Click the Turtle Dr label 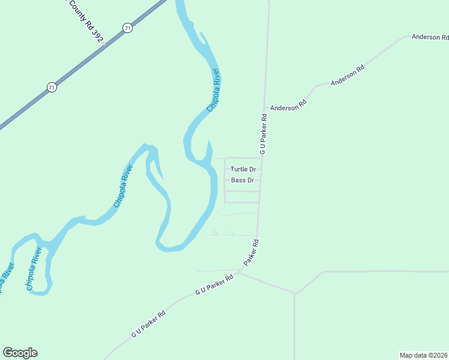point(243,169)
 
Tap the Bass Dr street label point(243,180)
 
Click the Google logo point(20,353)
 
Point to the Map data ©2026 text point(424,355)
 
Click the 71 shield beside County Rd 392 point(127,28)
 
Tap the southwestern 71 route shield point(52,88)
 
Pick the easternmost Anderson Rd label point(430,37)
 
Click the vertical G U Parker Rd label point(264,132)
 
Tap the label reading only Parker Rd point(252,253)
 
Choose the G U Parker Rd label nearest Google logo point(148,323)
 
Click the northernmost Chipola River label point(214,90)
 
